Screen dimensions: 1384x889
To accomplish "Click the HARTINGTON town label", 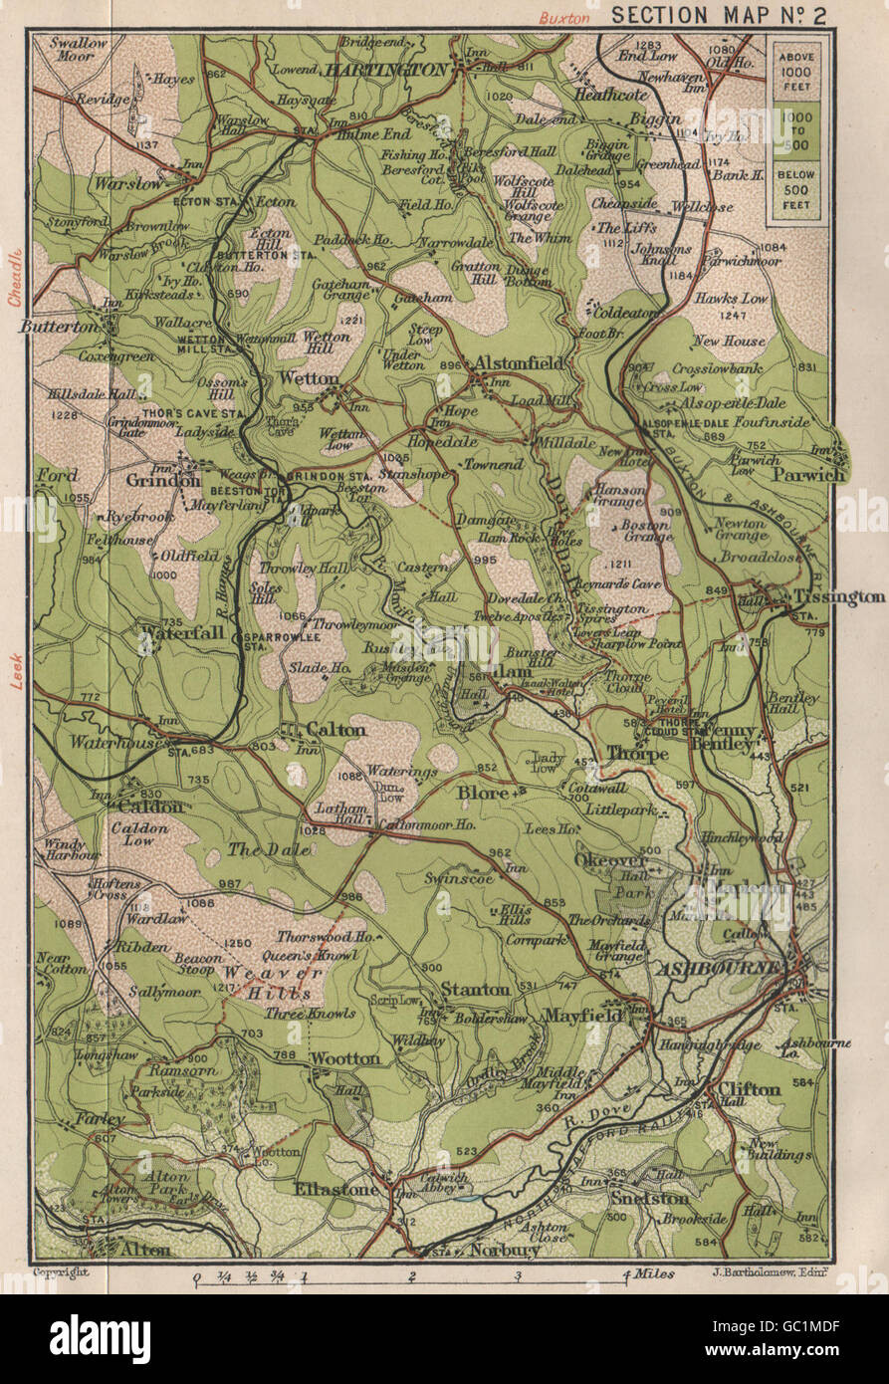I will [x=384, y=70].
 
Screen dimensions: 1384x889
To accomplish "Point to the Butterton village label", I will [x=69, y=326].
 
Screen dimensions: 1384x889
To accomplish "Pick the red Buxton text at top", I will [x=565, y=17].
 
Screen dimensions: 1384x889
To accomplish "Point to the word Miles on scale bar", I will [x=654, y=1273].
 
